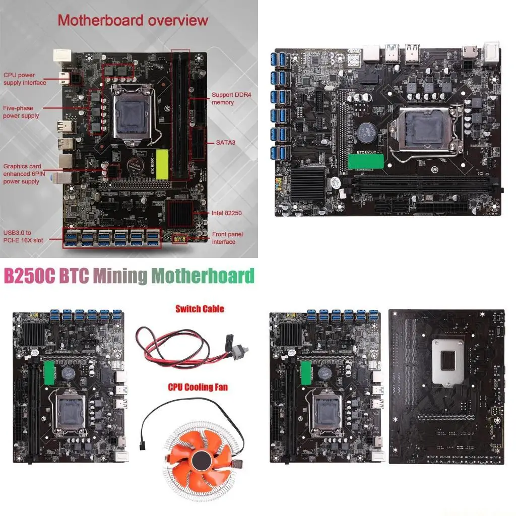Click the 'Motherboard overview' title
133,21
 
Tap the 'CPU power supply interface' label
25,79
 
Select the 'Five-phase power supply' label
21,112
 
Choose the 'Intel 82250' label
226,213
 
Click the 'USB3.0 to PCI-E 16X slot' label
23,236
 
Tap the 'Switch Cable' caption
200,309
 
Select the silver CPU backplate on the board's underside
447,362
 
